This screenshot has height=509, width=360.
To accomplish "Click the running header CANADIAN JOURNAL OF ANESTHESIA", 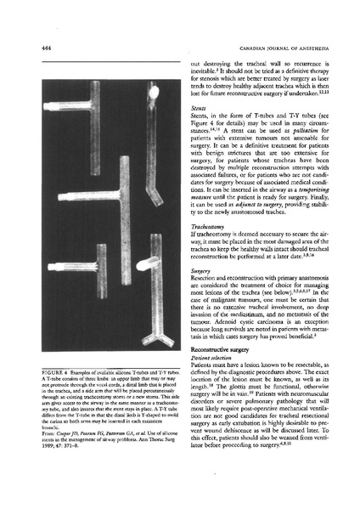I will (277, 48).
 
